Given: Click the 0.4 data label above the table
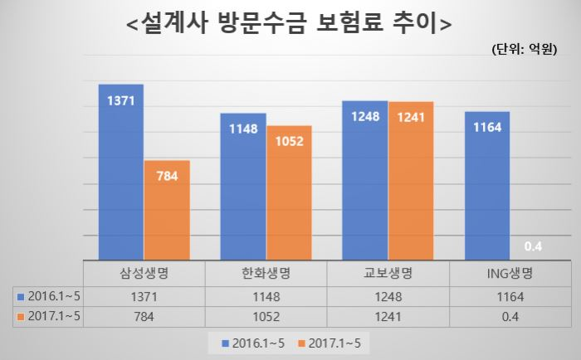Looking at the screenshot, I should (534, 246).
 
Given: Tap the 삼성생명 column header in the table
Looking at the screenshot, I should (144, 274).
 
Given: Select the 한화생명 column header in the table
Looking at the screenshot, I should (266, 274).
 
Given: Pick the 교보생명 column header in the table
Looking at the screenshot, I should (388, 274).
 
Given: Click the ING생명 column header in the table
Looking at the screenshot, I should (510, 274).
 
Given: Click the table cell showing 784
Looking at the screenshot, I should (144, 315).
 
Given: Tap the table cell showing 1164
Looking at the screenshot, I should (510, 295).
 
